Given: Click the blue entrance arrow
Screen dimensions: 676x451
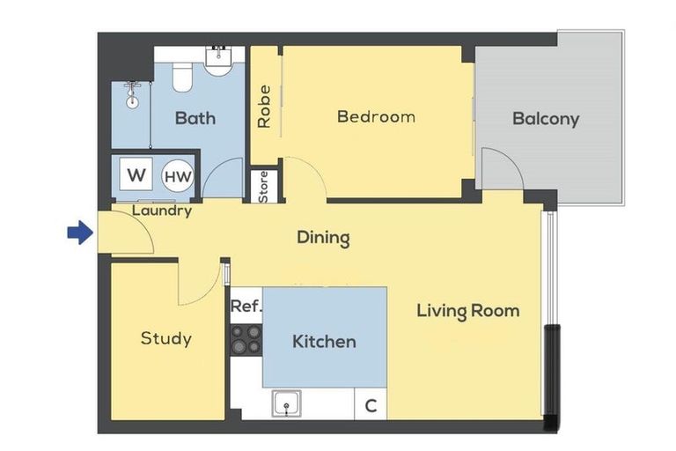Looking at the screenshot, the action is (x=80, y=233).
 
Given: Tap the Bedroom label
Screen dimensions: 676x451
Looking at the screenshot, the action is (x=377, y=116).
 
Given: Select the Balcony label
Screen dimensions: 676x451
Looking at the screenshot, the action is (x=546, y=119).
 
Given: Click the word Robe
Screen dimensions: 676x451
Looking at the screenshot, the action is (x=264, y=107).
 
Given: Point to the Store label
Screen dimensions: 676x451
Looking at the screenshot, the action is (x=263, y=187).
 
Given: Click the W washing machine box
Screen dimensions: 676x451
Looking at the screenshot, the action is (x=136, y=174).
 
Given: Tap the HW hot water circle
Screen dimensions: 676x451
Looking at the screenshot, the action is (x=178, y=176).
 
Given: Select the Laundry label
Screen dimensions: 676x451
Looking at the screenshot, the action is (x=162, y=211).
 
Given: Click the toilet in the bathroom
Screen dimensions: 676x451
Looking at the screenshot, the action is (x=182, y=77).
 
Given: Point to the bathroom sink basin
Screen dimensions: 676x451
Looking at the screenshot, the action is (x=218, y=61).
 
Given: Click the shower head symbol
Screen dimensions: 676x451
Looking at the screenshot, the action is (x=132, y=95).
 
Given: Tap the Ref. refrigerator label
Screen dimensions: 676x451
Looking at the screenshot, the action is (x=246, y=306).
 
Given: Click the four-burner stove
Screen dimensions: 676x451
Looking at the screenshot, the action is (x=246, y=340).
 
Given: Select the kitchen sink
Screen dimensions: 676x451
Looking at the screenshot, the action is (x=287, y=403).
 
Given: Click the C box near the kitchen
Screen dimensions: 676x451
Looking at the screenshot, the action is (x=371, y=404).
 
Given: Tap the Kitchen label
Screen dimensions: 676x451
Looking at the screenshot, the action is (x=324, y=342).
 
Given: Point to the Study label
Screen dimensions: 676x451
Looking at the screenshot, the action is (x=166, y=338).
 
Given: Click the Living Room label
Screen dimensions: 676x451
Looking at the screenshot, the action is (x=468, y=311).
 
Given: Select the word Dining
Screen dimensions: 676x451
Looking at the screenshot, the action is (x=323, y=238).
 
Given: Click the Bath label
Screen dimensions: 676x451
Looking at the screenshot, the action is (x=195, y=118).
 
